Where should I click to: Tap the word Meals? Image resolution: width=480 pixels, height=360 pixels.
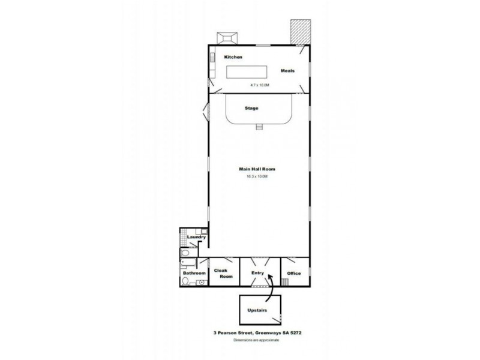[x=288, y=70]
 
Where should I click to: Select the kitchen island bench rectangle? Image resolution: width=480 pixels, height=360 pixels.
[x=245, y=72]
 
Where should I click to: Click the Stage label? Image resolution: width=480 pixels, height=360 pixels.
[x=252, y=109]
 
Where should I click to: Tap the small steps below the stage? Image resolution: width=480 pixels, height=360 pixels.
[x=259, y=127]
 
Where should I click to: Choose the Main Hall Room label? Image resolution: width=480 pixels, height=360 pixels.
[x=257, y=169]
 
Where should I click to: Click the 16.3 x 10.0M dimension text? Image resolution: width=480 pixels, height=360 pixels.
[x=257, y=176]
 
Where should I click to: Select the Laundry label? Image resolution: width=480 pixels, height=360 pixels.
[x=196, y=237]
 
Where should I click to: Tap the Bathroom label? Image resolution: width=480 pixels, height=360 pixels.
[x=194, y=274]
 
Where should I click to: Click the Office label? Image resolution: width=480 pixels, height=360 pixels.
[x=293, y=274]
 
